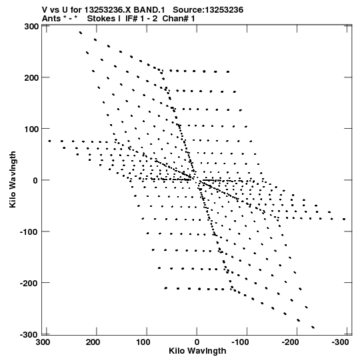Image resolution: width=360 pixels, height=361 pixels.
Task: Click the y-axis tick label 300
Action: (x=32, y=27)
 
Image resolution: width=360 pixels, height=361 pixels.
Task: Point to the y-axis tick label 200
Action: (x=32, y=78)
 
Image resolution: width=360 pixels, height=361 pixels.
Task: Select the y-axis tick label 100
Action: (x=32, y=129)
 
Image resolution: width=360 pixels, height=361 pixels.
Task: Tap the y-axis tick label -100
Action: (x=30, y=232)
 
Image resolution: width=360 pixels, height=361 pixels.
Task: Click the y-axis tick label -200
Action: (x=30, y=283)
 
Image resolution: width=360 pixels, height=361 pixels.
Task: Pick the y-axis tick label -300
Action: (x=30, y=334)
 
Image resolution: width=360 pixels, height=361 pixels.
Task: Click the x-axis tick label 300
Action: (x=43, y=342)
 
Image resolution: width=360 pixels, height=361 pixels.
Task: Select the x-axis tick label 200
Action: (x=93, y=342)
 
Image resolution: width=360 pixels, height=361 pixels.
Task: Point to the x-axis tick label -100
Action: (x=240, y=342)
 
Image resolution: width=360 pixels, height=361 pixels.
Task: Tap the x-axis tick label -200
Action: (x=290, y=342)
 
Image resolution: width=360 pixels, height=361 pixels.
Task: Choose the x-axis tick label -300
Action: (x=341, y=342)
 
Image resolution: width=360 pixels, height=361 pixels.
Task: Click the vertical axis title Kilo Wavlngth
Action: (x=13, y=179)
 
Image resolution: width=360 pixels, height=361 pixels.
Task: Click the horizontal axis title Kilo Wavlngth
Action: (x=197, y=351)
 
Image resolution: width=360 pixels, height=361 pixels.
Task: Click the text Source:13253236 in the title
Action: (x=208, y=9)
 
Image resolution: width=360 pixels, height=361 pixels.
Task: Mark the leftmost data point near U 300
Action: (x=49, y=141)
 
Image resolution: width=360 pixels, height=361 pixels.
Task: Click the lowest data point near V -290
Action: (x=313, y=327)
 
